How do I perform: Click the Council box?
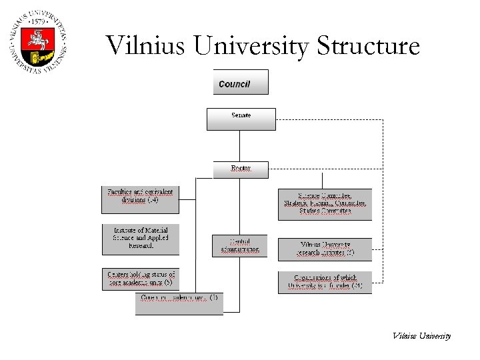tap(240, 82)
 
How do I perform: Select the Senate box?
tap(241, 119)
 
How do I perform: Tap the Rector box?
tap(241, 169)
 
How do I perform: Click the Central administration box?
tap(240, 246)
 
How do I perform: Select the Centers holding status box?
tap(140, 279)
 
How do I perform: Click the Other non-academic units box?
tap(179, 303)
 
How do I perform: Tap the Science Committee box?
tap(325, 204)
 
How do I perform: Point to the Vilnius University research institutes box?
tap(325, 249)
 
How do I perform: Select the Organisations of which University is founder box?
tap(325, 282)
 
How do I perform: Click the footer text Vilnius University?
tap(421, 336)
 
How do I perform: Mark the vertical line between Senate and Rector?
tap(240, 145)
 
